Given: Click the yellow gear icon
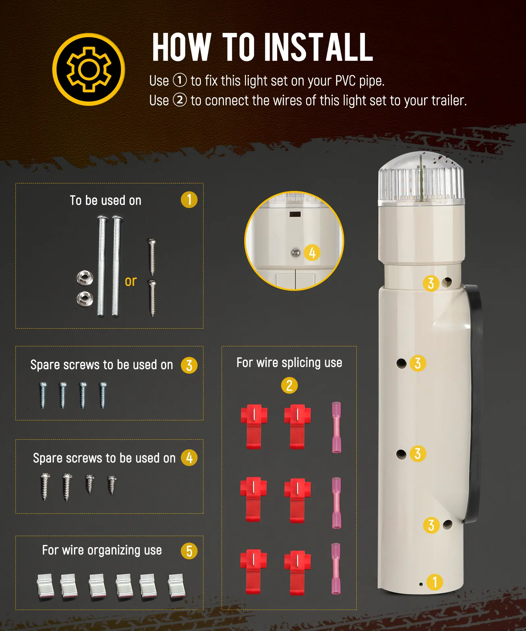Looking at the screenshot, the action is [89, 69].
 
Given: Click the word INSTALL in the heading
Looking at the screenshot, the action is [319, 47].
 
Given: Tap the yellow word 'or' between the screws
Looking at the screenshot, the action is [131, 281].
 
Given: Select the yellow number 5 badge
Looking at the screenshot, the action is [189, 551].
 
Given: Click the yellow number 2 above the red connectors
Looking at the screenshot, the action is [289, 385].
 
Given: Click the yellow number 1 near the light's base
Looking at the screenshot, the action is [435, 582].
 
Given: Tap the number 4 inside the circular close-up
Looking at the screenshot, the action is [312, 253].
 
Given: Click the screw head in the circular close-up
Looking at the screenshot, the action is [296, 253].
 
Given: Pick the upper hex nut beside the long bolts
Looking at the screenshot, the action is [84, 278].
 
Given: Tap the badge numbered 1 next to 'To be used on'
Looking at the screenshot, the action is [189, 199].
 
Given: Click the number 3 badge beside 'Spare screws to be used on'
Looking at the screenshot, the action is [189, 365].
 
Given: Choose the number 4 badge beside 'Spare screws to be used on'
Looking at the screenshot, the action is [189, 458].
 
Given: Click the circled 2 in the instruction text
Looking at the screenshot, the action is [180, 100].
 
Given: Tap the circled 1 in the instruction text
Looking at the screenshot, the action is [180, 80].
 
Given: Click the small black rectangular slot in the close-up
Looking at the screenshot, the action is [295, 214].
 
